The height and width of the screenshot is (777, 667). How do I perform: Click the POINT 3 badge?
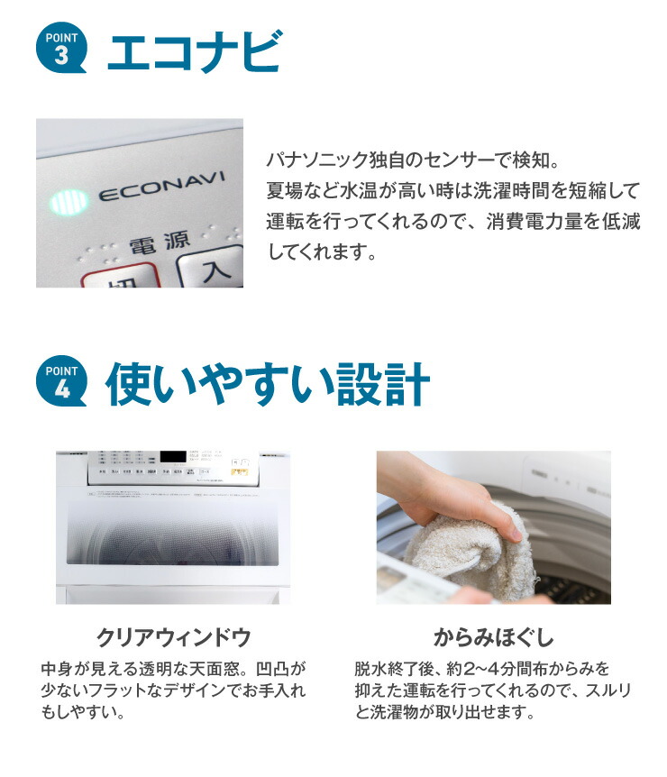[62, 50]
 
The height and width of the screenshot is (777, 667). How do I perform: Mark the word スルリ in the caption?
[602, 691]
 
